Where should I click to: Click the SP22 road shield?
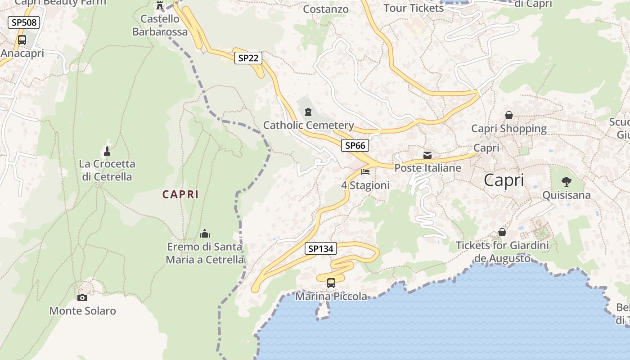point(248,58)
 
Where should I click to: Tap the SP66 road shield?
point(355,145)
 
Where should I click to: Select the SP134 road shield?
point(320,248)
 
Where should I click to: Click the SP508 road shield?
point(24,22)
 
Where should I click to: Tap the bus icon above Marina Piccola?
point(331,283)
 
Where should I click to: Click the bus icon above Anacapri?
point(22,40)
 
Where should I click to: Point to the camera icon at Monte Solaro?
point(82,297)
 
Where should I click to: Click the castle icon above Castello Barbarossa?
point(159,5)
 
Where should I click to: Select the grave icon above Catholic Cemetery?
point(308,112)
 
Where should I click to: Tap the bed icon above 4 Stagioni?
point(365,172)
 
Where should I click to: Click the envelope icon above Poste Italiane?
point(427,155)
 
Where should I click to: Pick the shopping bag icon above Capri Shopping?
point(509,115)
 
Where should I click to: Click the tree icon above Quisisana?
point(566,182)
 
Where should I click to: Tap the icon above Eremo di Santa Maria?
point(205,234)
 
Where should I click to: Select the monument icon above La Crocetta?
point(107,151)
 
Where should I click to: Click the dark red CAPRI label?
point(180,194)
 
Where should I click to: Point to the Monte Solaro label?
point(82,310)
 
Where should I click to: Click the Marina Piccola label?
point(331,297)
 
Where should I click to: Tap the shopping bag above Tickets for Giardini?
point(502,232)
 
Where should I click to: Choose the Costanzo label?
point(326,9)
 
